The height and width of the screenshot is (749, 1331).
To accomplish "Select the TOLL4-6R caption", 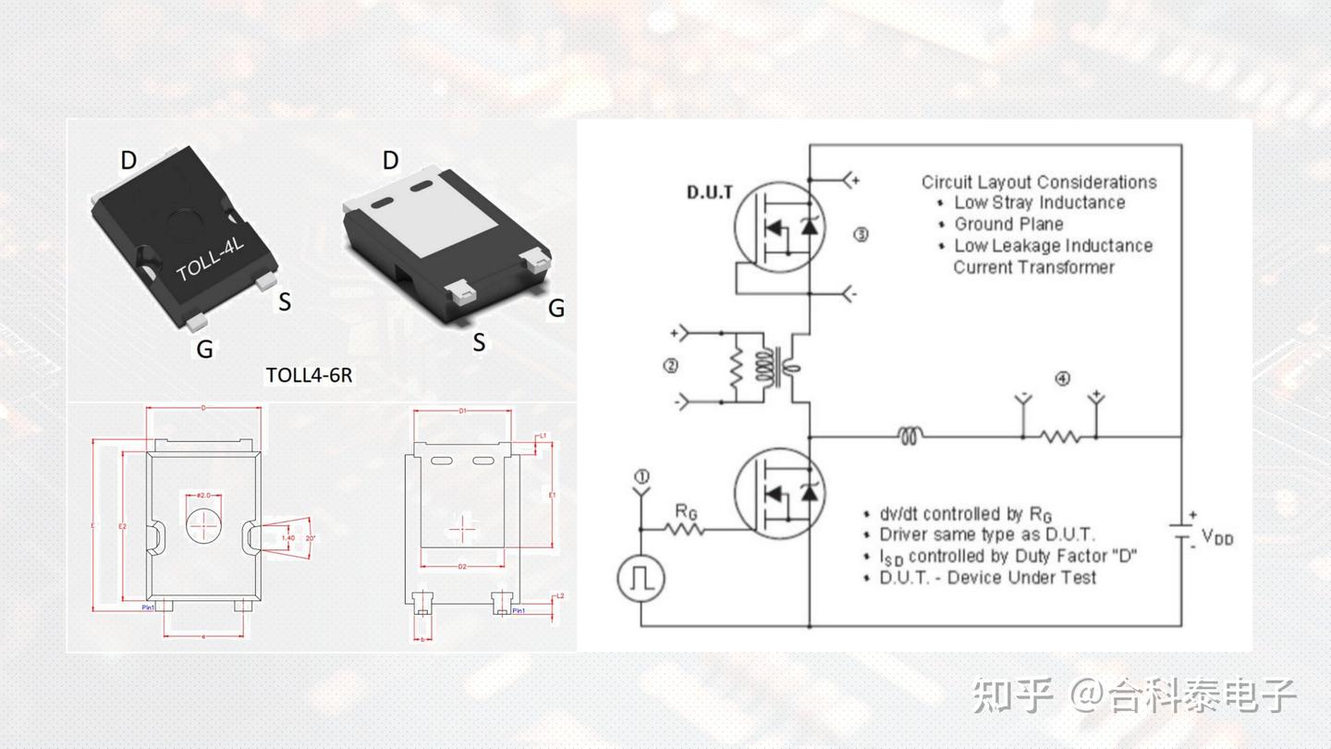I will coord(309,375).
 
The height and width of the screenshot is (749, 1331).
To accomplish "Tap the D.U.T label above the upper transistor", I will coord(710,193).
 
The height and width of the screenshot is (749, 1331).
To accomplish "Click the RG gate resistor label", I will coord(686,510).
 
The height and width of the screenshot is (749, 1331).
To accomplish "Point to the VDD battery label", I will coord(1217,537).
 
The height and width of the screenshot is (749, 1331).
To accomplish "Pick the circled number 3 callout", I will coord(861,235).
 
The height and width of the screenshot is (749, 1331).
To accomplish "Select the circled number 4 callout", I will coord(1063,379).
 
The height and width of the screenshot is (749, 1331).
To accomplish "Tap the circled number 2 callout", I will coord(671,366).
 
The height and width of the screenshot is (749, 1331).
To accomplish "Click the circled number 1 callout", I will coord(641,477).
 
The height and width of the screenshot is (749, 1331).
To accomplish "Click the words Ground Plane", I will coord(1008,225).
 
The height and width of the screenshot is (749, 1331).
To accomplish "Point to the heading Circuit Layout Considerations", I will coord(1039,182).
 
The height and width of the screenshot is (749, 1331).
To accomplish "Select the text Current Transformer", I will coord(1033,267).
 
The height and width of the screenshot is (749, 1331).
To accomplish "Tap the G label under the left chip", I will coord(204,350).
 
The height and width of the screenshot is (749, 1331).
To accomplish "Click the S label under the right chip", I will coord(479,343).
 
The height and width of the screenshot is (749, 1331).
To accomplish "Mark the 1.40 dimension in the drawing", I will coord(287,537).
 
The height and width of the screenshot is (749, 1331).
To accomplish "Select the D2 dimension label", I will coord(462,566).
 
